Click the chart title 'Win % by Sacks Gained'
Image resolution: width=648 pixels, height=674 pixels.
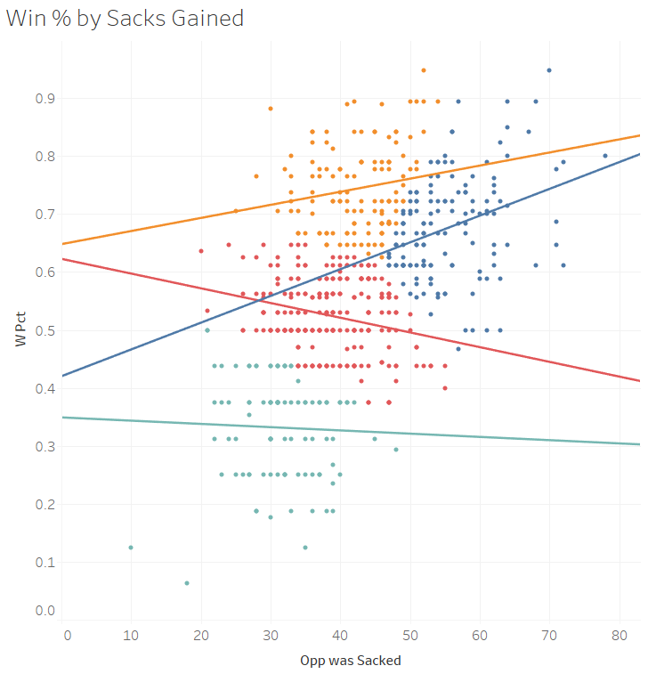pos(125,18)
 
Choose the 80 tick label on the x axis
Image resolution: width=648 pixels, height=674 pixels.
pos(620,634)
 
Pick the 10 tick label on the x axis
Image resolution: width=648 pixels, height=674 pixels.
pos(131,634)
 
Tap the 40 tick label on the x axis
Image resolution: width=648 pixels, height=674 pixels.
pos(340,634)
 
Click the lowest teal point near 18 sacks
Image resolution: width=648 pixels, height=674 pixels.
pos(187,583)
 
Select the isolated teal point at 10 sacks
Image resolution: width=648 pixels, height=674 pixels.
pos(131,548)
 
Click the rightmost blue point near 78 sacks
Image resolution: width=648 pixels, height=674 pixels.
pos(605,156)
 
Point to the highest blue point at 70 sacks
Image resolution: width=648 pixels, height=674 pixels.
pos(549,70)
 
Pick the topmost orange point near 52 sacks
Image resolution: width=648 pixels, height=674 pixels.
pos(424,70)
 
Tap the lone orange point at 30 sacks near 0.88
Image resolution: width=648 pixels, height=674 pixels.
pos(271,109)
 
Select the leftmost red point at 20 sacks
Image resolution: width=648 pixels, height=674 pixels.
pos(201,251)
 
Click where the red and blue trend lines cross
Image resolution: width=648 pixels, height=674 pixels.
pos(259,299)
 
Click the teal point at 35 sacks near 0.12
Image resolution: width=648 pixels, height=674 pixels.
pos(305,548)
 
